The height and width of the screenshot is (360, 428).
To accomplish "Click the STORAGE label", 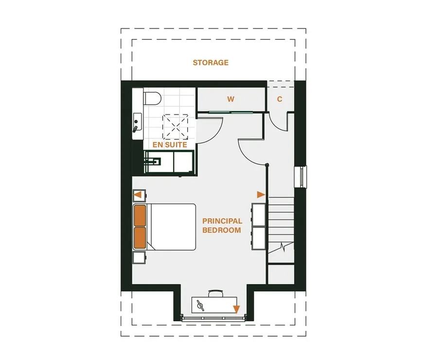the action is (211, 63).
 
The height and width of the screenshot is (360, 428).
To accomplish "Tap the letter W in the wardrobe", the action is (231, 99).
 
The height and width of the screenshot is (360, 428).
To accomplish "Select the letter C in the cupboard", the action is (280, 99).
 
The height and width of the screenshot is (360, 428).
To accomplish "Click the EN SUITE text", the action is (170, 145).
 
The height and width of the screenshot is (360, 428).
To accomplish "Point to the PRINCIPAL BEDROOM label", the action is (222, 225).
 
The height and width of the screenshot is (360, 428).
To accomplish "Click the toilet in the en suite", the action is (152, 98).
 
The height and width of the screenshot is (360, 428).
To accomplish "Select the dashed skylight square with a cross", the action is (175, 127).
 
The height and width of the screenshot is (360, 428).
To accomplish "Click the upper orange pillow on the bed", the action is (140, 216).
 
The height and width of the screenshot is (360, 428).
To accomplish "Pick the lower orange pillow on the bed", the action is (140, 238).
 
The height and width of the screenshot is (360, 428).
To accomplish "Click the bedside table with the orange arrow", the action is (139, 195).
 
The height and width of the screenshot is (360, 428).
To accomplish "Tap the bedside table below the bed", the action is (139, 257).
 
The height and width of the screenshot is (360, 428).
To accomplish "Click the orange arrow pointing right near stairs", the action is (261, 195).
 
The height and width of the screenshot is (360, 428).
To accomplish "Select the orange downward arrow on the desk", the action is (236, 309).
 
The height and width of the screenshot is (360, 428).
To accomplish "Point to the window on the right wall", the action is (301, 176).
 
